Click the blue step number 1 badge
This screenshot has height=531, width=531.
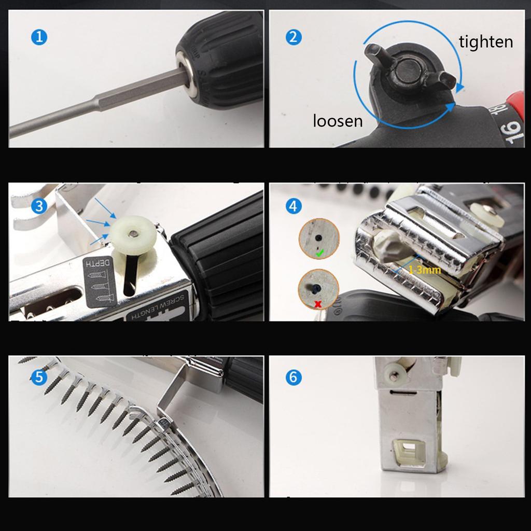39,37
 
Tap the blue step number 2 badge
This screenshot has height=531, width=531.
294,37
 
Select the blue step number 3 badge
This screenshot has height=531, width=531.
39,206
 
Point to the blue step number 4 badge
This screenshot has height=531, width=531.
294,206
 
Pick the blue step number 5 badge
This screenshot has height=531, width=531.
39,377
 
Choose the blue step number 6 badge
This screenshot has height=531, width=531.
294,377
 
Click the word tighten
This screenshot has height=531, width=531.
486,41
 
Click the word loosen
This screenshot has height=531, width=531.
338,121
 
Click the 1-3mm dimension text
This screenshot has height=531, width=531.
425,270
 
